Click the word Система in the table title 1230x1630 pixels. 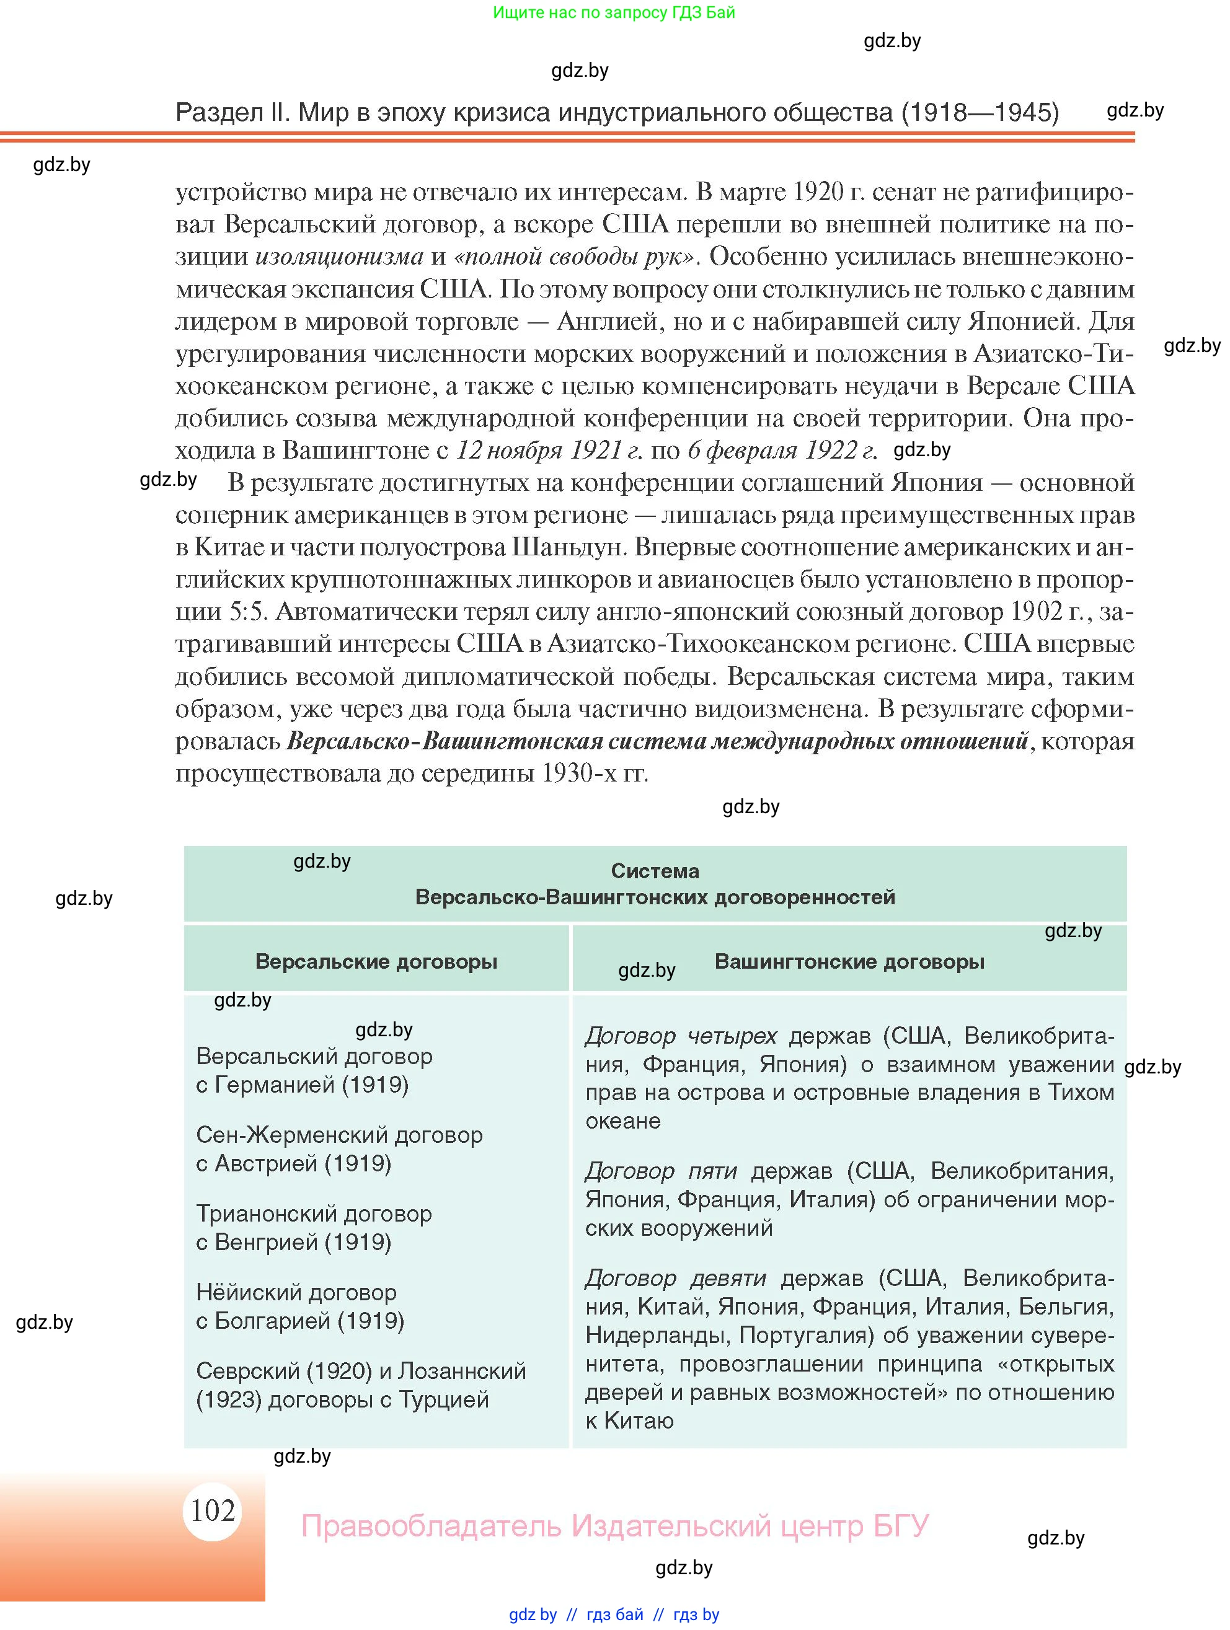pos(655,870)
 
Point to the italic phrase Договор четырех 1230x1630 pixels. pos(681,1036)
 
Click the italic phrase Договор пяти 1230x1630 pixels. pos(661,1170)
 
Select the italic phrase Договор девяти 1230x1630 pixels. pos(676,1278)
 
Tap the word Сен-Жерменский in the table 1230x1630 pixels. pos(292,1135)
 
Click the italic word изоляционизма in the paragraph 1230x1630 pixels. pos(339,257)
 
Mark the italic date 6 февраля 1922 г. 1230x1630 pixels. pos(782,450)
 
